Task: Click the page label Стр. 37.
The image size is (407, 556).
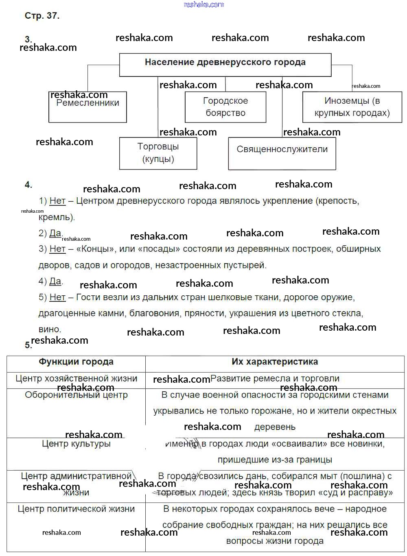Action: coord(42,16)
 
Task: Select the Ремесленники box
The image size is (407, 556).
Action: coord(88,107)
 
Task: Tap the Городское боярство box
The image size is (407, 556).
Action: coord(225,107)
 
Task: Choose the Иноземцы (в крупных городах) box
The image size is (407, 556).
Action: coord(352,107)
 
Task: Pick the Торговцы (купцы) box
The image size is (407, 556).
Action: coord(158,153)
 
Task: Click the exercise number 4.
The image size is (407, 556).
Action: coord(28,185)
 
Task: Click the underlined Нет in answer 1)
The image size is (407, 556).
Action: coord(57,201)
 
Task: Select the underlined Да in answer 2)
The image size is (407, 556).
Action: coord(55,233)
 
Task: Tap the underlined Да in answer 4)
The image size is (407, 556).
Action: coord(55,281)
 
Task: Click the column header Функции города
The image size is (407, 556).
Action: coord(76,362)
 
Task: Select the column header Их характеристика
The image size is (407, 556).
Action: coord(275,362)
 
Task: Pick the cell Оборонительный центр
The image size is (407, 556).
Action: coord(76,395)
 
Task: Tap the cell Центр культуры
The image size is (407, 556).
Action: coord(76,444)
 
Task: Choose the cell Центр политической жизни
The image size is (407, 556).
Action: coord(76,509)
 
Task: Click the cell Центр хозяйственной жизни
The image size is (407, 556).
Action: coord(76,379)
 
